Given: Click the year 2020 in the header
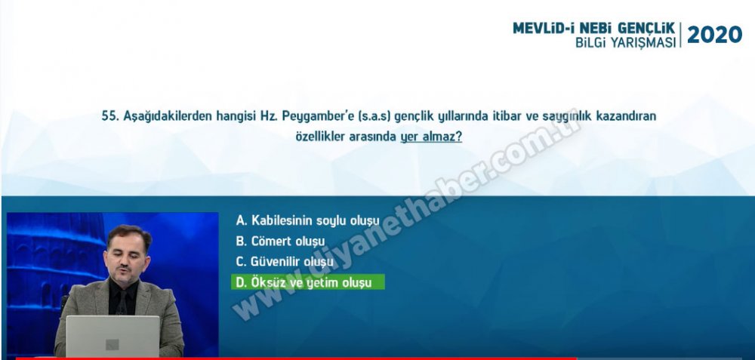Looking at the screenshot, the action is (x=714, y=35).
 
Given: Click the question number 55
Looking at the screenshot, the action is (x=110, y=116).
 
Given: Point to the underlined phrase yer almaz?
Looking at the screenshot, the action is (x=431, y=137).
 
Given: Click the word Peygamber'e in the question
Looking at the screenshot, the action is (x=313, y=117).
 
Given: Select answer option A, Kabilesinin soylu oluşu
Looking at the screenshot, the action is (x=308, y=221).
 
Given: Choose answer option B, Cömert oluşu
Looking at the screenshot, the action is (x=280, y=242).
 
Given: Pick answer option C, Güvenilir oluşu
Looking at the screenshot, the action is (x=285, y=263).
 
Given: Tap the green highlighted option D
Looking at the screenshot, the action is (x=308, y=282).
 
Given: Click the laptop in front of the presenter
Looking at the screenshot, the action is (x=112, y=336).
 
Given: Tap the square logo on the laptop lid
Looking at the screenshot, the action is (x=112, y=345).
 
